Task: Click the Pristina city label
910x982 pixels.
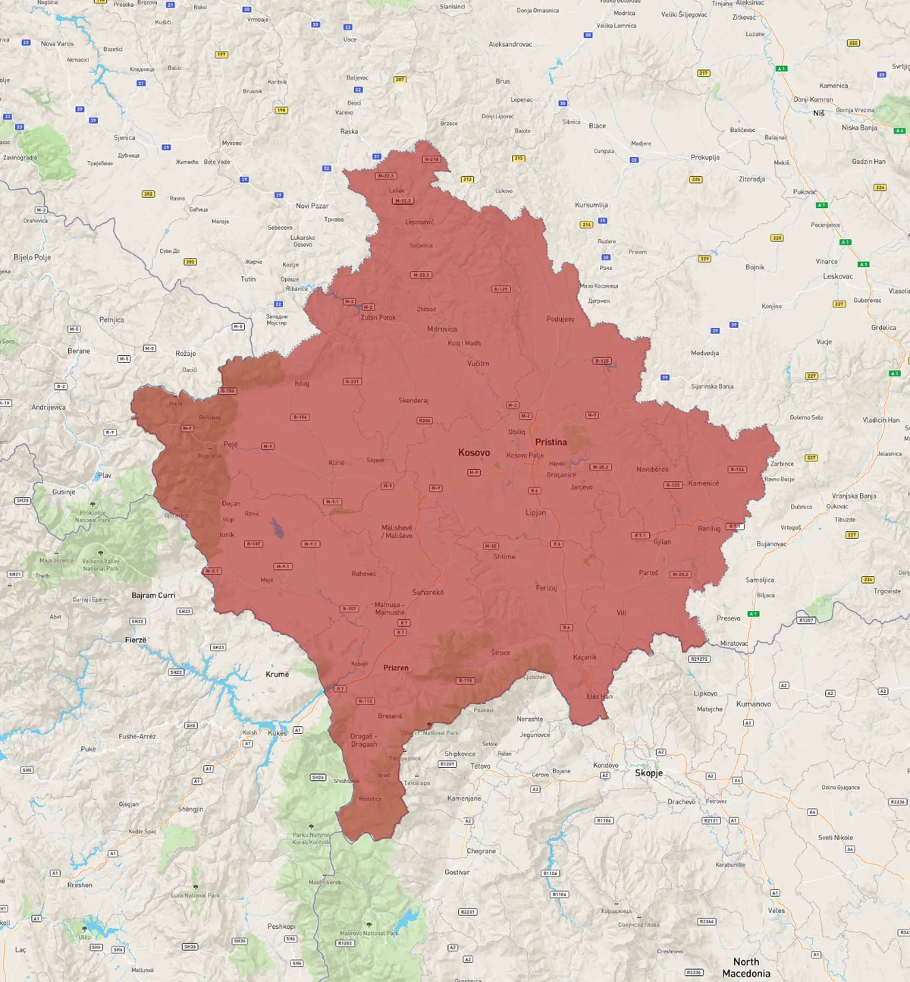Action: point(551,442)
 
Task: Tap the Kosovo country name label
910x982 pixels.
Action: point(474,453)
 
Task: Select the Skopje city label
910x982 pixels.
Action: point(648,773)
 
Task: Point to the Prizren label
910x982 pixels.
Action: point(396,669)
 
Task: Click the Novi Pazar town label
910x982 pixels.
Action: point(312,206)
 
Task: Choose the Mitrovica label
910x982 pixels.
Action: point(441,329)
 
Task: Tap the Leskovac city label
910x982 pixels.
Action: point(838,277)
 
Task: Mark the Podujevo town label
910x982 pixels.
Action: point(560,319)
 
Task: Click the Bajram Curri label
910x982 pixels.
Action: point(153,596)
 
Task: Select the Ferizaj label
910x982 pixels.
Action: point(546,588)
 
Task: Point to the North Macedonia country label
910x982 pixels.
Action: point(745,968)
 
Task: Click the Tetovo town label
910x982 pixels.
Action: point(480,766)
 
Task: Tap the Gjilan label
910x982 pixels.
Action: point(662,542)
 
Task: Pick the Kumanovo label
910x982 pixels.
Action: point(753,704)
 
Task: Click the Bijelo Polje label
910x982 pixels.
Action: point(33,258)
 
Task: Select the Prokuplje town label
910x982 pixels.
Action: point(704,158)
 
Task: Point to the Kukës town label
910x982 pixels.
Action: point(277,733)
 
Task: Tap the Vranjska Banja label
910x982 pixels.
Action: point(854,496)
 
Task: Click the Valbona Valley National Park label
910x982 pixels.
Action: point(101,565)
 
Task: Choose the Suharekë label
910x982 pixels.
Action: point(428,593)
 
